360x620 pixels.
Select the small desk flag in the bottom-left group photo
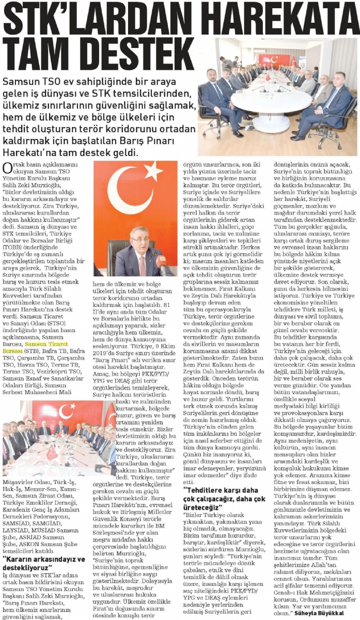pos(52,452)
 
